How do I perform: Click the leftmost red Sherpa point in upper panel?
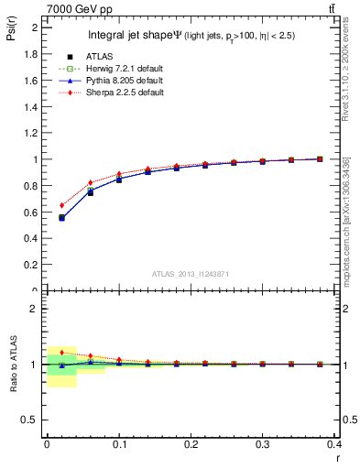[x=61, y=205]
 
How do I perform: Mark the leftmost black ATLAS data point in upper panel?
[x=61, y=218]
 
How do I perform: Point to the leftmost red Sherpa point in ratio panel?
[x=61, y=353]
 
